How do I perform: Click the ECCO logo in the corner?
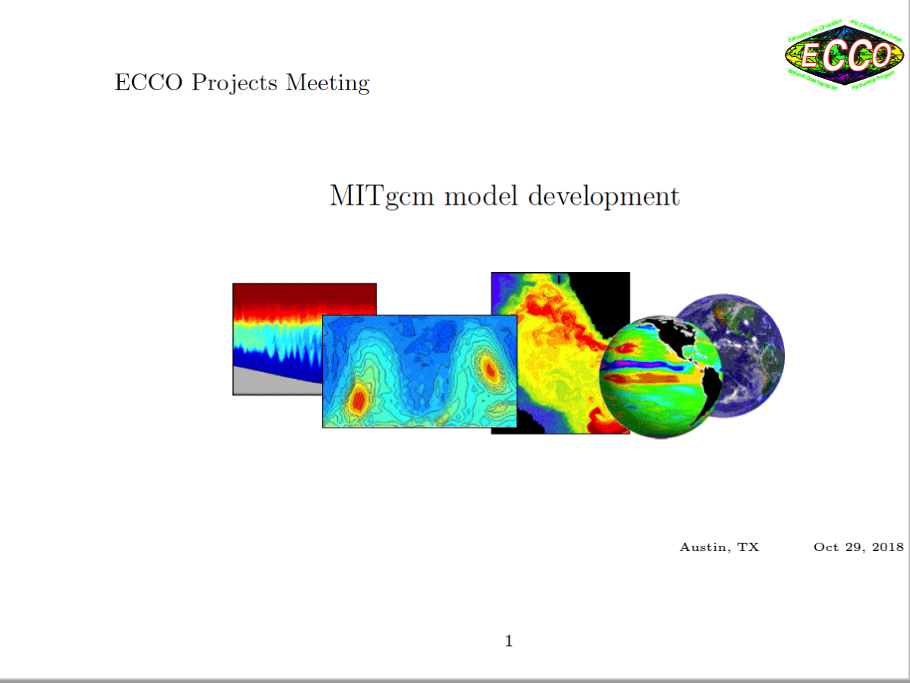(x=844, y=54)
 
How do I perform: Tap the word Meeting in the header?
(x=328, y=83)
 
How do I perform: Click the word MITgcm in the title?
(x=382, y=197)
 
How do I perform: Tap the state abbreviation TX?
(x=749, y=547)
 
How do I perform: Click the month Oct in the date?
(x=826, y=547)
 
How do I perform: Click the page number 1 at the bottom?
(x=509, y=641)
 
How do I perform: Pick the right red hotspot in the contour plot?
(x=489, y=369)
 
